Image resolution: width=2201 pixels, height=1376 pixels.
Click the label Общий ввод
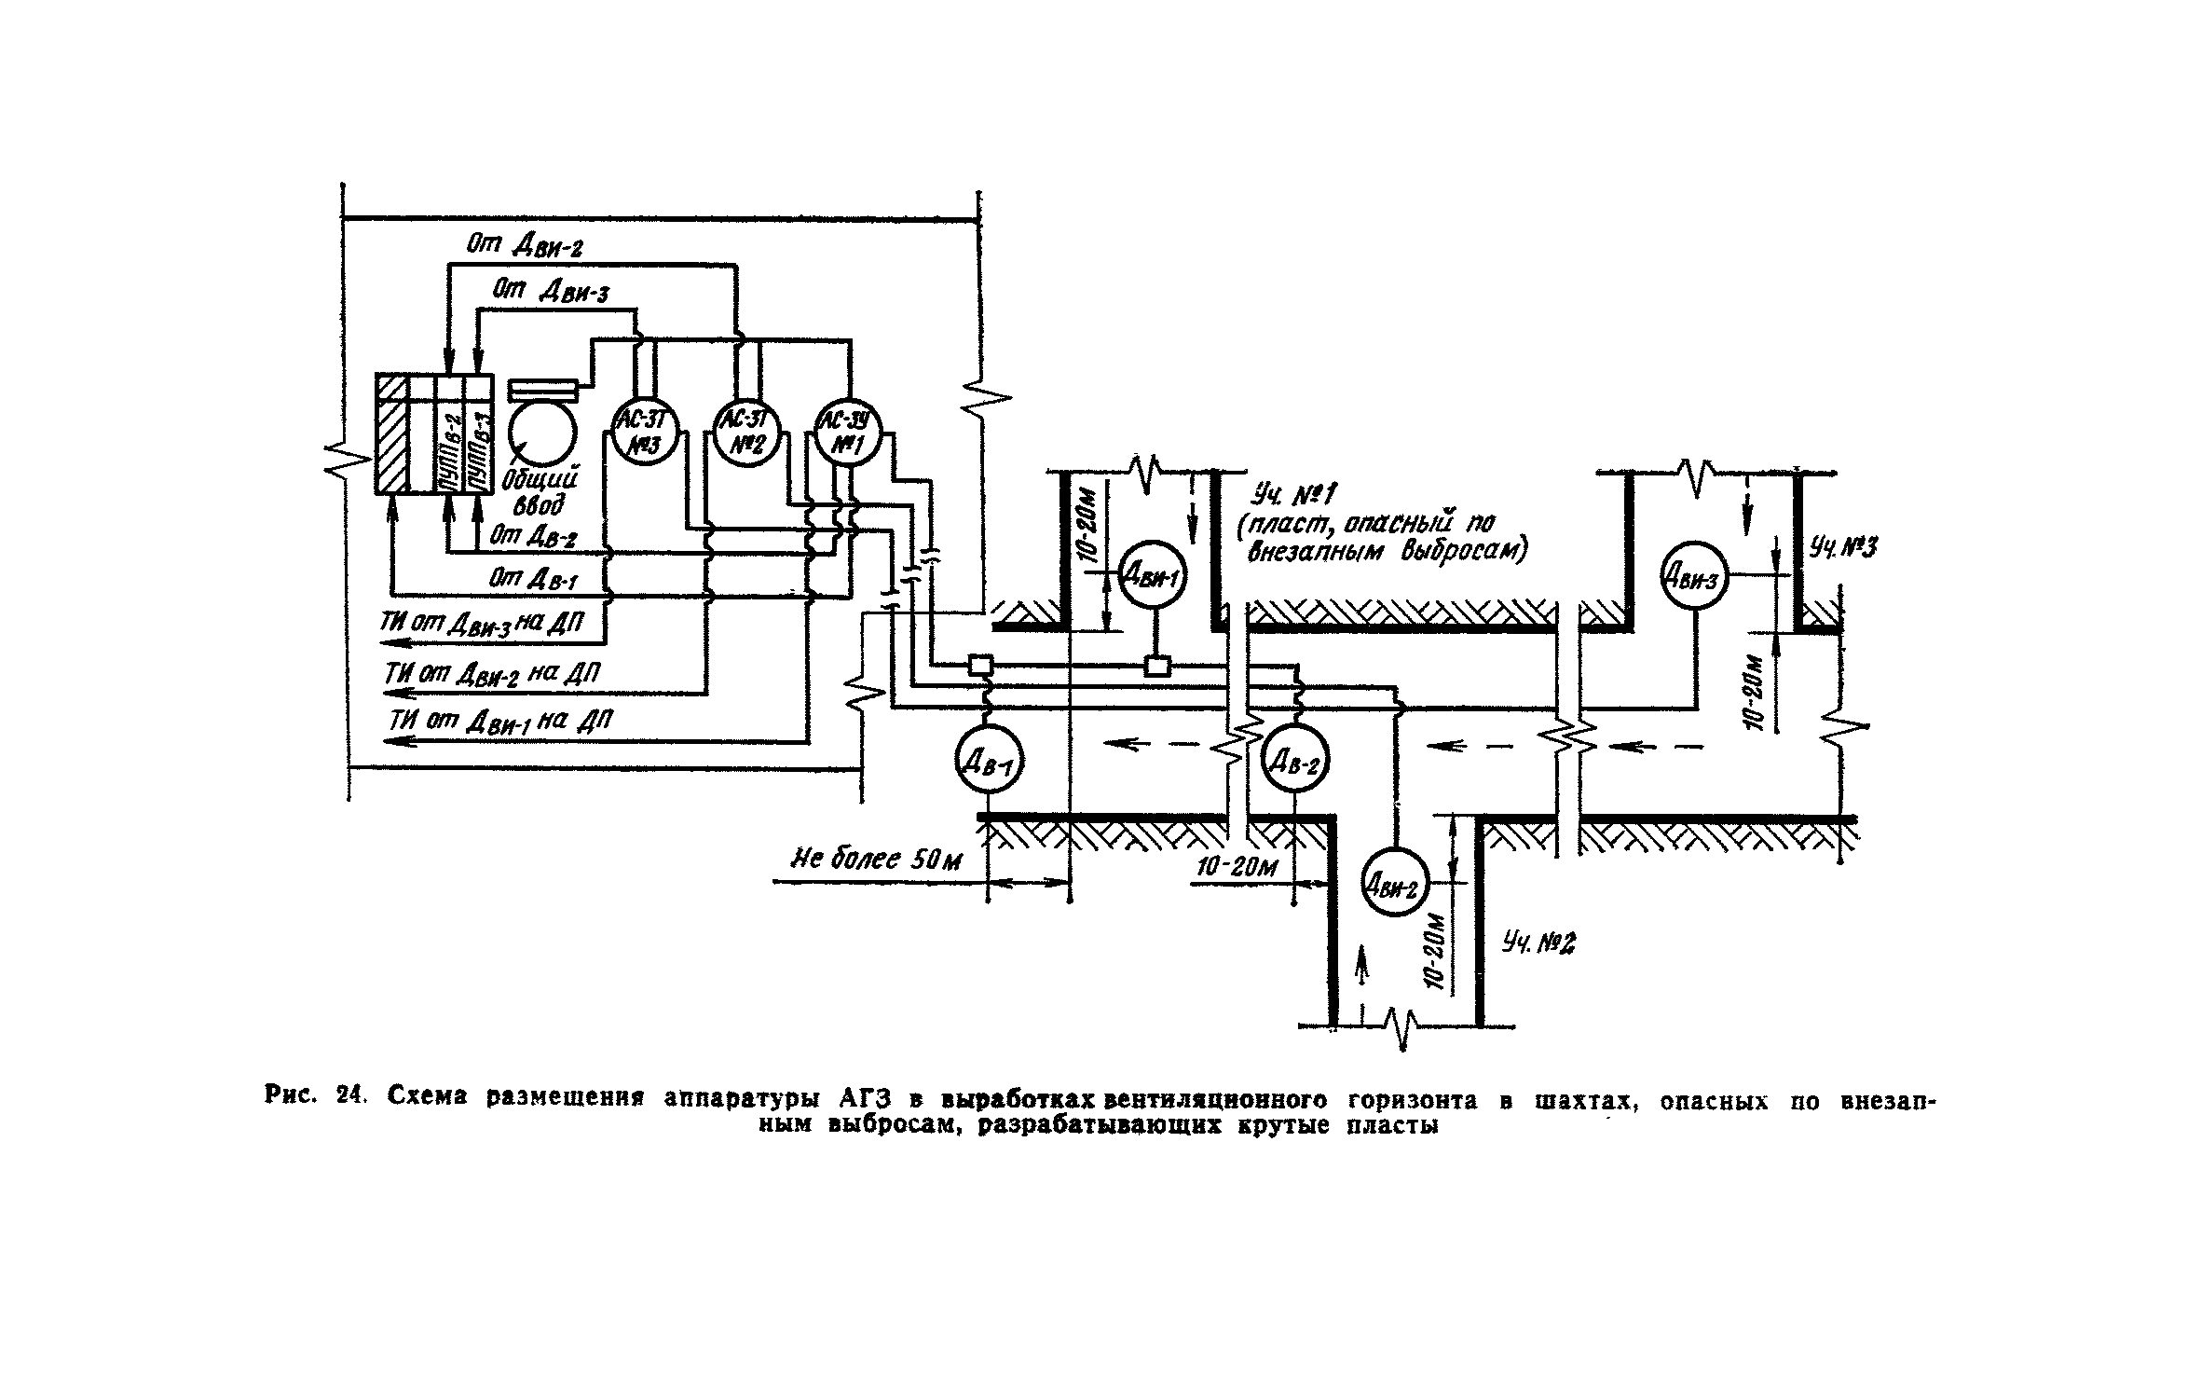(x=538, y=491)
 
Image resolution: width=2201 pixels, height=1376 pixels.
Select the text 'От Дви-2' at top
(x=525, y=246)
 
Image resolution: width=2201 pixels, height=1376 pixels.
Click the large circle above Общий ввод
(x=542, y=433)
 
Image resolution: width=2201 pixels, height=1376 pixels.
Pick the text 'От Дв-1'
(x=533, y=579)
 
